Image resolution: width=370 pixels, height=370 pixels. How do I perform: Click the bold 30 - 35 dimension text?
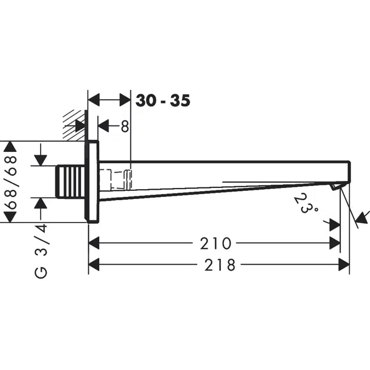tap(163, 100)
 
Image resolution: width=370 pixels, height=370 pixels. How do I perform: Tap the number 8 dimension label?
tap(124, 127)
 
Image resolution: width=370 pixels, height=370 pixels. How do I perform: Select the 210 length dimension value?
tap(215, 243)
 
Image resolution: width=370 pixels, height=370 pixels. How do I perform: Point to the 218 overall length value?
tap(220, 265)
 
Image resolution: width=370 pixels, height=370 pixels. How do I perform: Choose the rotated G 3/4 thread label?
tap(42, 251)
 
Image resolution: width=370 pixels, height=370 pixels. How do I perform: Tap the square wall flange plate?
tap(92, 181)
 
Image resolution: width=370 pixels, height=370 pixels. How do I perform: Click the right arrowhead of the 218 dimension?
tap(344, 265)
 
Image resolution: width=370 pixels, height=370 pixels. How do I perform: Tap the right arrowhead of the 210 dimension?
tap(334, 243)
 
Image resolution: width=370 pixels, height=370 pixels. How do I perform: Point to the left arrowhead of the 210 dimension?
tap(94, 243)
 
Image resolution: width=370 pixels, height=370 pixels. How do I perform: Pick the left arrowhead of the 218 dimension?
tap(94, 265)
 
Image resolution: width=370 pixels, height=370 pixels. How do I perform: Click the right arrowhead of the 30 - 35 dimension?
tap(125, 100)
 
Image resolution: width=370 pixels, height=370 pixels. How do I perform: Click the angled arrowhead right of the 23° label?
tap(362, 218)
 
